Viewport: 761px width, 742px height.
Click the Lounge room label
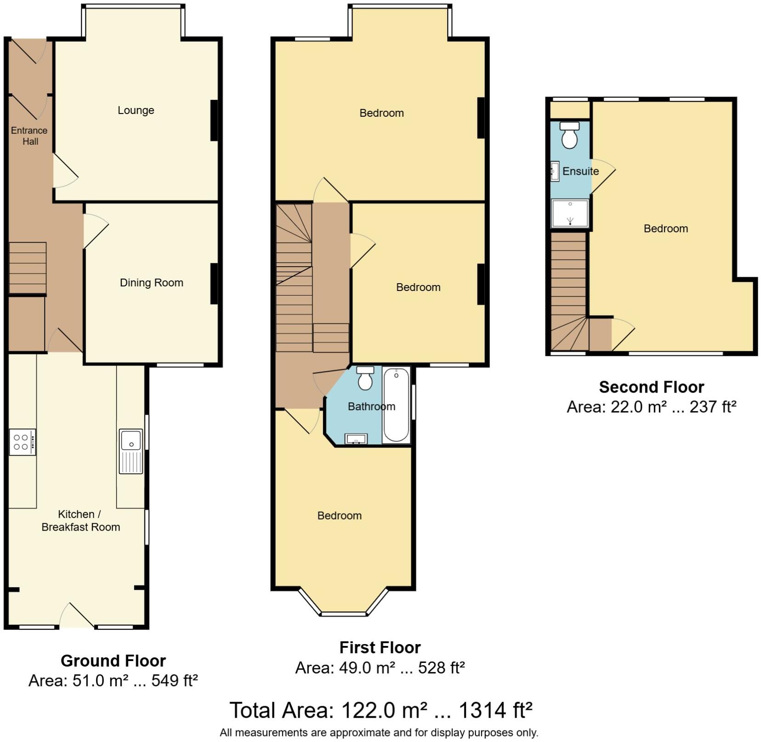point(136,110)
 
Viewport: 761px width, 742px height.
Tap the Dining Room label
point(151,283)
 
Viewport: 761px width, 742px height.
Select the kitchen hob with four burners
point(22,442)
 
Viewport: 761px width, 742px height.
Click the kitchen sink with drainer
point(131,451)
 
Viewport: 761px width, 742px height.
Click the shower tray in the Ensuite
point(570,213)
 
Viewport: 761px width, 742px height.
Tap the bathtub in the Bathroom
point(396,405)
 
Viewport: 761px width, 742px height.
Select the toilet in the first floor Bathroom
point(365,378)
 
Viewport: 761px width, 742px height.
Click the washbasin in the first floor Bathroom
point(356,439)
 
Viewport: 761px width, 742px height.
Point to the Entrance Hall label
point(29,136)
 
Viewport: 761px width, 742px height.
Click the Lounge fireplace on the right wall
point(214,120)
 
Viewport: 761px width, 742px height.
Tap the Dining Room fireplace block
point(214,283)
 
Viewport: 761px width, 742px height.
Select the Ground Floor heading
point(113,661)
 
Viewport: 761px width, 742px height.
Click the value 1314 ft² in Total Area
point(495,710)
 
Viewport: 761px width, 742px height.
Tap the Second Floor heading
point(651,387)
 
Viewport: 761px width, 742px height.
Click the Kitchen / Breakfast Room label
point(80,521)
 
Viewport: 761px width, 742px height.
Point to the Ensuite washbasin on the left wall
point(555,171)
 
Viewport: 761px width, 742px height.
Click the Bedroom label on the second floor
point(665,228)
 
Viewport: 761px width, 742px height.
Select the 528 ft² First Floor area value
point(441,668)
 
